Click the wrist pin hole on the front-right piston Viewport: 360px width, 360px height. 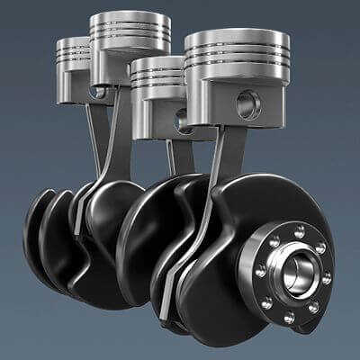pos(248,105)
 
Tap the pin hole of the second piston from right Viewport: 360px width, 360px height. pos(183,115)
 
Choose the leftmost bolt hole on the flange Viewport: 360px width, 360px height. pos(260,270)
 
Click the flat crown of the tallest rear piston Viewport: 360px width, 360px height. pos(130,20)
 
